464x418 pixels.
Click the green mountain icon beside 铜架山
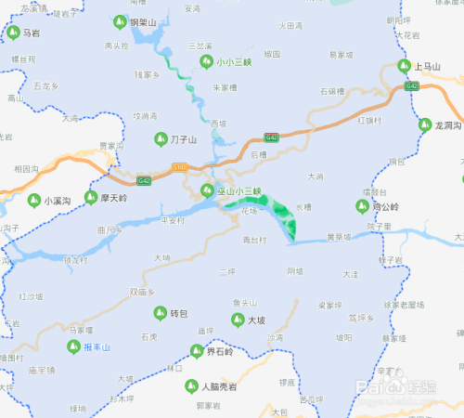tap(120, 21)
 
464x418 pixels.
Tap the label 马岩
tap(31, 33)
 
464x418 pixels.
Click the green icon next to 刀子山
tap(160, 139)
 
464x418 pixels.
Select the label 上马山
tap(428, 66)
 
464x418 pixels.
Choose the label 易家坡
tap(342, 55)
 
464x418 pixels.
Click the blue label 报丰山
tap(97, 346)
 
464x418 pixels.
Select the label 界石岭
tap(220, 351)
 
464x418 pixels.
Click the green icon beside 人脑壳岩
tap(191, 385)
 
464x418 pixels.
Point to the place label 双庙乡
tap(140, 292)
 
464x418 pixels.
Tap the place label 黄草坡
tap(339, 237)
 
